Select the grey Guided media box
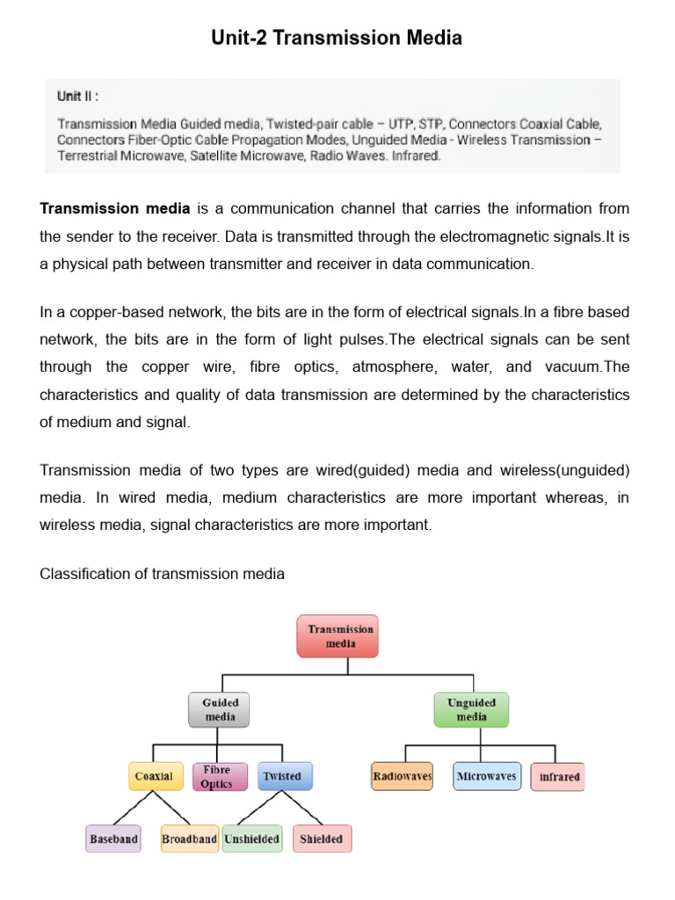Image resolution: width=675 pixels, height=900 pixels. click(x=220, y=709)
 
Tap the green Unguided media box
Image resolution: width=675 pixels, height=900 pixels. click(x=472, y=709)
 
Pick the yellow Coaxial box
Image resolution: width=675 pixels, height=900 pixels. click(x=154, y=776)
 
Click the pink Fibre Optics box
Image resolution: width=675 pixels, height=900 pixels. click(x=216, y=776)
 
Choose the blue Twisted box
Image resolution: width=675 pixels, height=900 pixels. click(x=281, y=776)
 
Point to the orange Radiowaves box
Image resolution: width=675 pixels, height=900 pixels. click(x=402, y=776)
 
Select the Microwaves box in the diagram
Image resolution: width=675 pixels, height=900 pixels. click(x=486, y=776)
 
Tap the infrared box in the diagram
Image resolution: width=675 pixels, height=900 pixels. click(x=558, y=777)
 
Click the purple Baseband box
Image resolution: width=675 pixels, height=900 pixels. click(x=113, y=838)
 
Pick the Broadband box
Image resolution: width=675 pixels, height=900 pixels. click(x=189, y=838)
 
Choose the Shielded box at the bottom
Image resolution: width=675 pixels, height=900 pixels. click(x=321, y=838)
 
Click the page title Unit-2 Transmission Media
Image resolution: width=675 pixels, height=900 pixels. click(x=337, y=39)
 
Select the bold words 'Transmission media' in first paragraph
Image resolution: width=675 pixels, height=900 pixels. click(x=115, y=208)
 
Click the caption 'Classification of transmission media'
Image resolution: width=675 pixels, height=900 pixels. click(x=163, y=574)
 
